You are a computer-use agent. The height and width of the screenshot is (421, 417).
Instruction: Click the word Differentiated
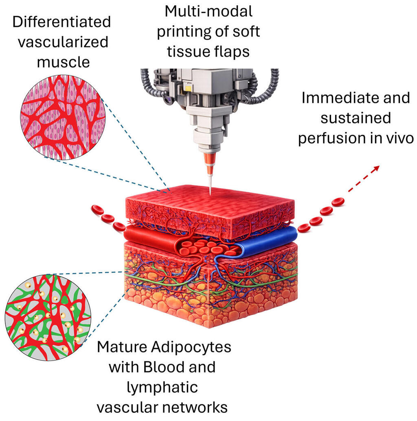point(61,22)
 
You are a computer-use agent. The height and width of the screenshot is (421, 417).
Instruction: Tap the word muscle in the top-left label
point(63,62)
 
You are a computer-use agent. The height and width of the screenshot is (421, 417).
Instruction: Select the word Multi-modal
point(208,11)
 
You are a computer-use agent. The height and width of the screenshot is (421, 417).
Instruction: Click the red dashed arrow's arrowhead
point(376,168)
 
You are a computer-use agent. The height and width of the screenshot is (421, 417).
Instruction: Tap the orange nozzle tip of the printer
point(209,163)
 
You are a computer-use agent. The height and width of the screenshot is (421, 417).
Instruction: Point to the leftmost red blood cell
point(97,210)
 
